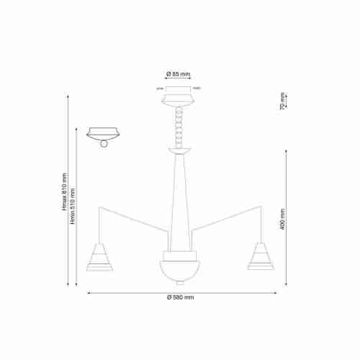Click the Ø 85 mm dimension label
click(178, 74)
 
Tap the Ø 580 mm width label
click(181, 297)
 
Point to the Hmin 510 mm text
click(72, 204)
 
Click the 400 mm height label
click(284, 219)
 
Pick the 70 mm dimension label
click(283, 102)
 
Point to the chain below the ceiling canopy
click(179, 126)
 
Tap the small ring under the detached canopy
click(104, 143)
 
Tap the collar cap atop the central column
click(179, 152)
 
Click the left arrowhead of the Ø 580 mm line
click(89, 292)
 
